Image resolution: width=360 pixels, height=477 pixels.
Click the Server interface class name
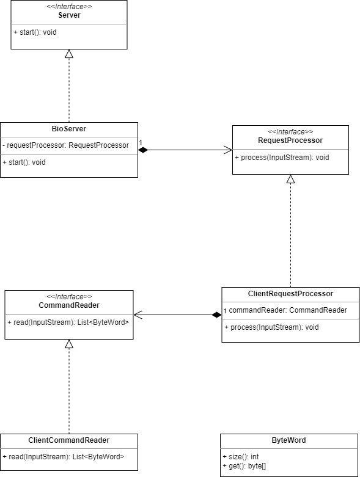pos(69,15)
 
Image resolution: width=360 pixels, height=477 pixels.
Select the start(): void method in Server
pos(34,32)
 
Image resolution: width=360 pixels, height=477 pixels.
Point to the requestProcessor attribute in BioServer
pos(66,145)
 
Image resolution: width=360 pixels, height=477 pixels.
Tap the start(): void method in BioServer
pos(24,162)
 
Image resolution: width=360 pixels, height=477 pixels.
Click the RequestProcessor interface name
pos(290,140)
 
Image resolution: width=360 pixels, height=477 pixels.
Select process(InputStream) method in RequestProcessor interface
pos(282,158)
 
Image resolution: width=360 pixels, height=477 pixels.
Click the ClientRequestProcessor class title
pos(290,294)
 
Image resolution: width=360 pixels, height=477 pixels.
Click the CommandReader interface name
pos(69,305)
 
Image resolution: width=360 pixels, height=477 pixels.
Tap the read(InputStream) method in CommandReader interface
pos(68,322)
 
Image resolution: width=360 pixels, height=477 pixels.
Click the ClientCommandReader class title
pos(69,440)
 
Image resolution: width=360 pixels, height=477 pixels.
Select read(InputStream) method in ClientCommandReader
pos(63,457)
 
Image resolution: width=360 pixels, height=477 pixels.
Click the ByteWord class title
pos(288,440)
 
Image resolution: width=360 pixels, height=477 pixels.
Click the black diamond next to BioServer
pos(144,150)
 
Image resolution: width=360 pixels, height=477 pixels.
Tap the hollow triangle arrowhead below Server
pos(69,54)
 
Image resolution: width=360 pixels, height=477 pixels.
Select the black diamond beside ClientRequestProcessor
pos(216,315)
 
